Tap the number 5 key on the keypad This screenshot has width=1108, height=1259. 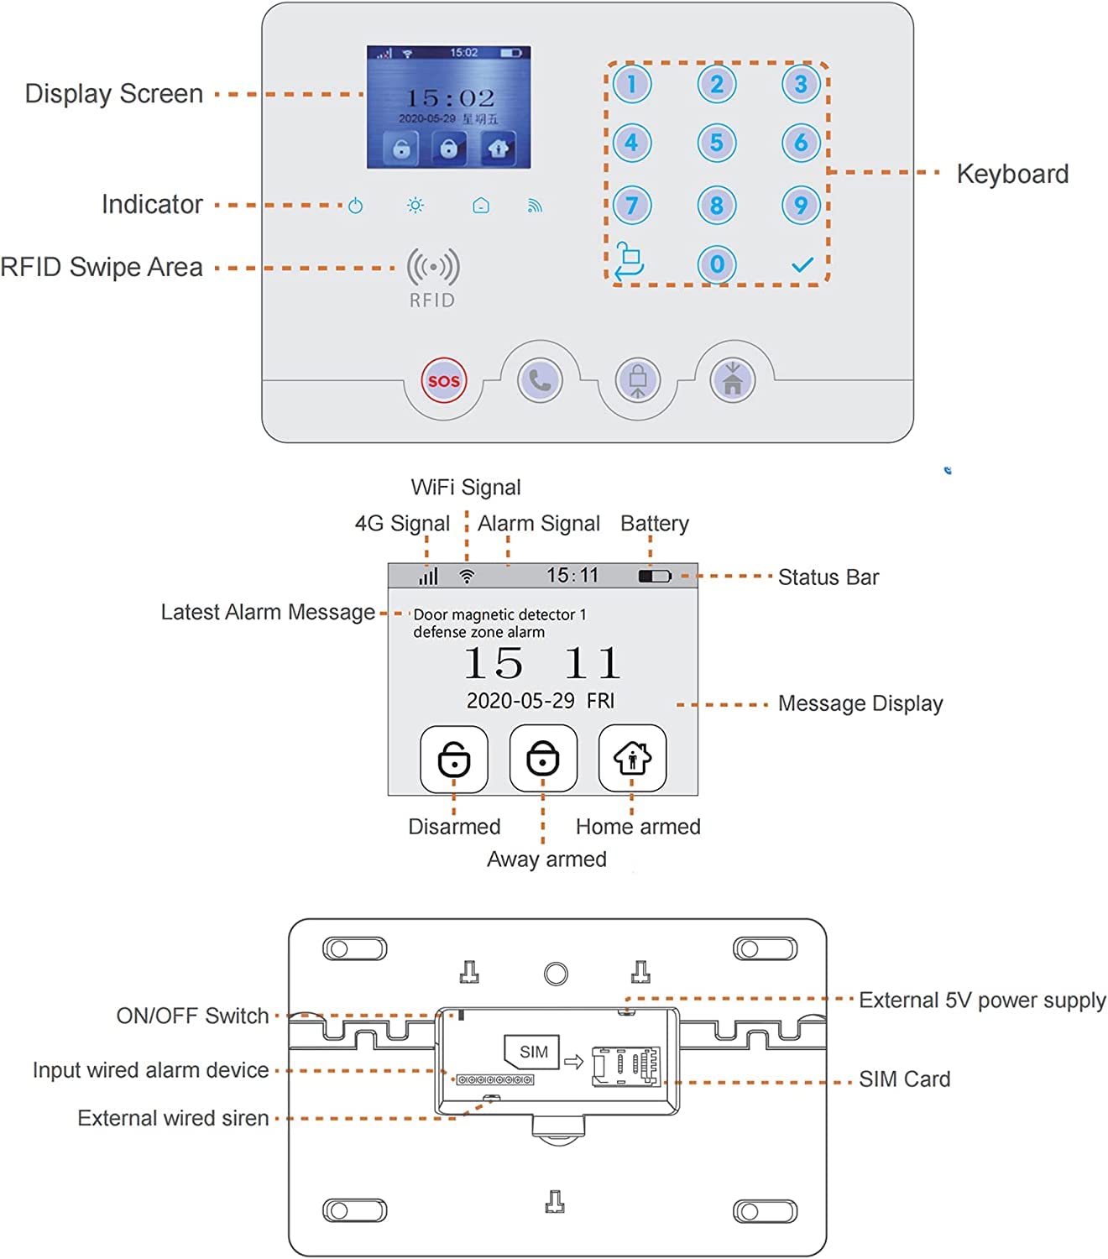pyautogui.click(x=716, y=143)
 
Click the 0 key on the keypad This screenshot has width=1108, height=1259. pyautogui.click(x=716, y=264)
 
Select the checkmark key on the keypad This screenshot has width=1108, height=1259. pyautogui.click(x=802, y=264)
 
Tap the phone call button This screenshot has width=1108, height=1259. pyautogui.click(x=540, y=380)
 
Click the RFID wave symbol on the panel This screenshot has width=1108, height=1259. pyautogui.click(x=433, y=268)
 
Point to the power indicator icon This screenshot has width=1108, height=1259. pyautogui.click(x=356, y=206)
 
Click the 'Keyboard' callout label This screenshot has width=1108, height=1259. pyautogui.click(x=1012, y=174)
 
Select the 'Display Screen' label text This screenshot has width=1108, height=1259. pyautogui.click(x=114, y=93)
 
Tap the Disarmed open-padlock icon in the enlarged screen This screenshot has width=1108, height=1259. pyautogui.click(x=454, y=759)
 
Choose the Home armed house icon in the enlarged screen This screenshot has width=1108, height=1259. pyautogui.click(x=632, y=759)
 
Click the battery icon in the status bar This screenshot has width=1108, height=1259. pyautogui.click(x=655, y=577)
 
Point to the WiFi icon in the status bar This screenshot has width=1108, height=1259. pyautogui.click(x=467, y=577)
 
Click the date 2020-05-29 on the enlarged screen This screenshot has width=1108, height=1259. pyautogui.click(x=520, y=701)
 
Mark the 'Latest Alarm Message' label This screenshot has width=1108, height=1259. pyautogui.click(x=268, y=612)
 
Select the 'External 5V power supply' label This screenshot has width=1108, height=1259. pyautogui.click(x=982, y=1000)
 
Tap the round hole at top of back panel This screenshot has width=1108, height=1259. pyautogui.click(x=556, y=974)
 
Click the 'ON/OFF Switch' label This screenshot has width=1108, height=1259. pyautogui.click(x=192, y=1016)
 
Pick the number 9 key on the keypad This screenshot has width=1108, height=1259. pyautogui.click(x=801, y=205)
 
